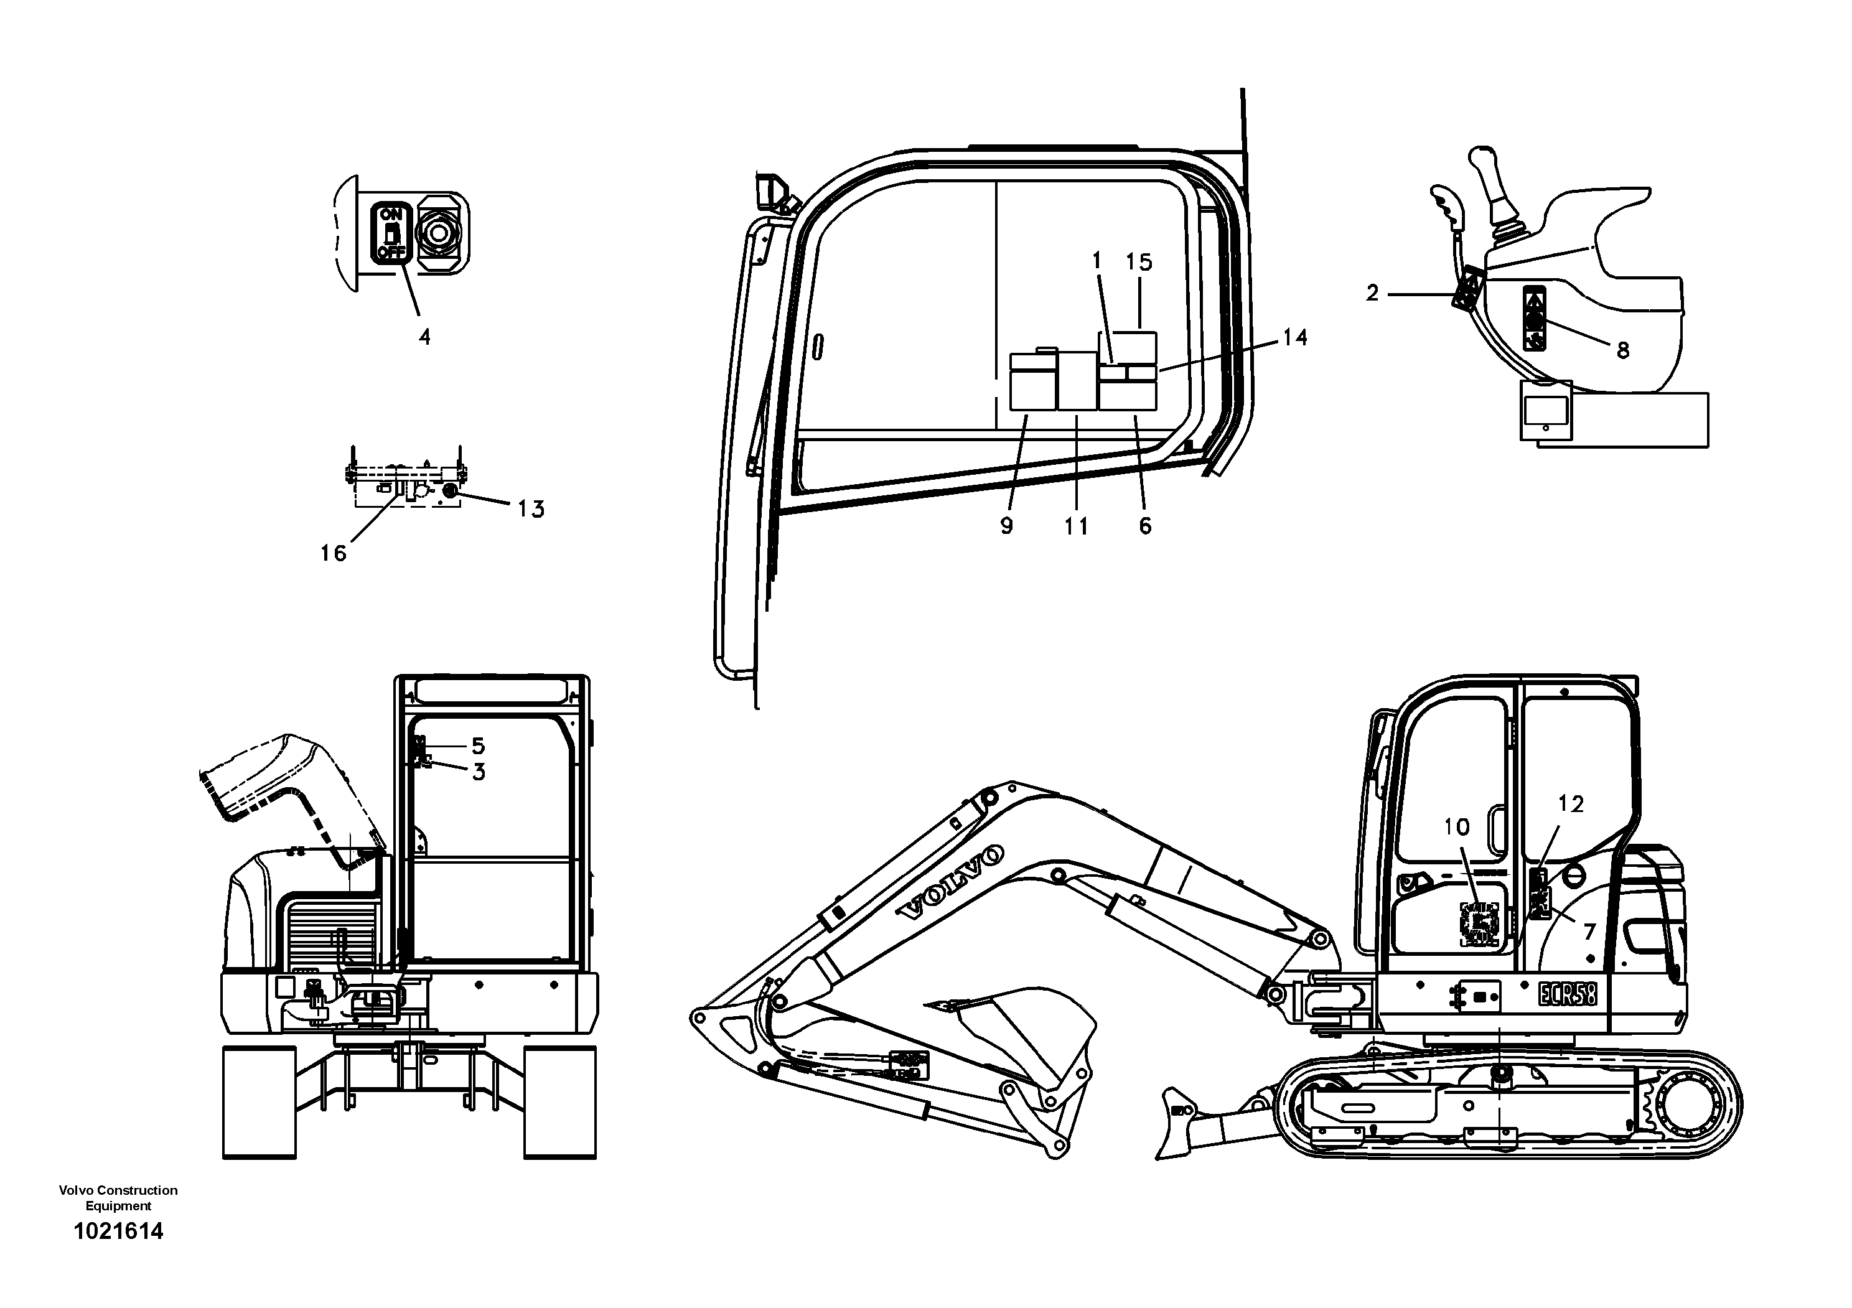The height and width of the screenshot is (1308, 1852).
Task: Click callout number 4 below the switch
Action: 424,337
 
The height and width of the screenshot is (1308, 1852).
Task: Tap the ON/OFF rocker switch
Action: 391,234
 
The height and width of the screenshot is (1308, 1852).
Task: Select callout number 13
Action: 531,509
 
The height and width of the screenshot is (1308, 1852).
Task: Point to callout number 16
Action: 333,553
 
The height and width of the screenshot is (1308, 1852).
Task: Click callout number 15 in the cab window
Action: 1139,262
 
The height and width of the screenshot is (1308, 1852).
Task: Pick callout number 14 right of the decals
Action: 1294,337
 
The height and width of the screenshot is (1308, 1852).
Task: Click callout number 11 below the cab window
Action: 1076,526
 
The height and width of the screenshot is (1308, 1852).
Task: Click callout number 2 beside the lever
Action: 1373,294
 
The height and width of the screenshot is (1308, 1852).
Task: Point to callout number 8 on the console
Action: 1623,350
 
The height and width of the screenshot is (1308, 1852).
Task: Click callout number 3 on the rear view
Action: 479,773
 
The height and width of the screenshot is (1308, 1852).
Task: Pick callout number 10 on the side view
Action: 1457,826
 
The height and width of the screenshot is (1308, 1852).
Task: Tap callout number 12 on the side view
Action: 1571,804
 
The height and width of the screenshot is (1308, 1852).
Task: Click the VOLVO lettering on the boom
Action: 952,883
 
